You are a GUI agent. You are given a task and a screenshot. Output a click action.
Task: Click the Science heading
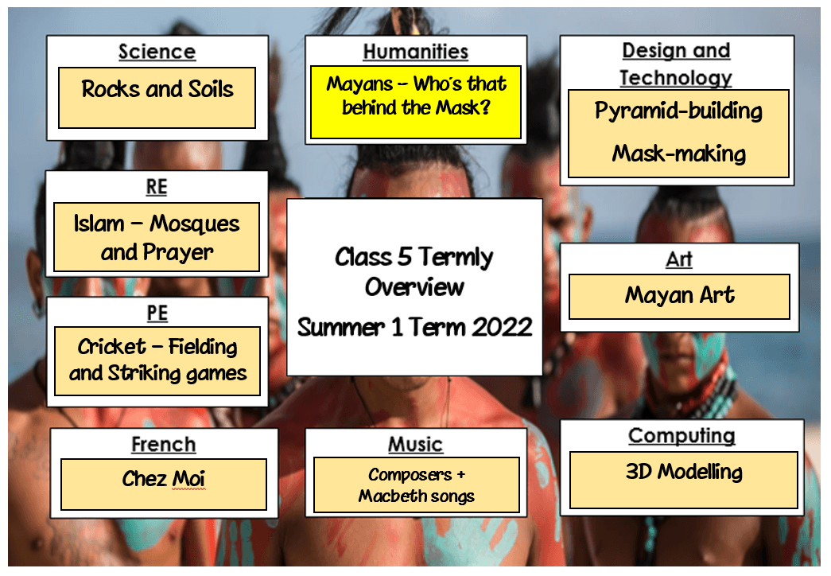pos(157,52)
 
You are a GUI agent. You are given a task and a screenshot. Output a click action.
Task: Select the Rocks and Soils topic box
pos(157,98)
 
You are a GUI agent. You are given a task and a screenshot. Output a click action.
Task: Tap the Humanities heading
pos(416,52)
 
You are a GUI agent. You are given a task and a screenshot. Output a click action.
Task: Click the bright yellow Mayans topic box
pos(416,103)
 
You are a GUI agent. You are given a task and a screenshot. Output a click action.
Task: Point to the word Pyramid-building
pos(678,111)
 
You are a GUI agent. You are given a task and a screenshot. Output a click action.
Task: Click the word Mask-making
pos(679,154)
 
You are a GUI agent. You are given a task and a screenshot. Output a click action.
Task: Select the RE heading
pos(157,187)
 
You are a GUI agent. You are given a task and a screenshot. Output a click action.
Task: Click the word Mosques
pos(195,224)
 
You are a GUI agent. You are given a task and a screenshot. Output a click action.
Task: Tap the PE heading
pos(157,313)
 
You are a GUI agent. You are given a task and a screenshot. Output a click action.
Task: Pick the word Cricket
pos(112,347)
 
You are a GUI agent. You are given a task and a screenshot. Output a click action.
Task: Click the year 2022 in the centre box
pos(502,327)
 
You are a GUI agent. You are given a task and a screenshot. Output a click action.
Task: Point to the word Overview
pos(414,287)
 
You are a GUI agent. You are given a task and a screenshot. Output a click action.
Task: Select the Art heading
pos(679,260)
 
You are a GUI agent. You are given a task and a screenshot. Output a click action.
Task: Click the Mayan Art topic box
pos(679,297)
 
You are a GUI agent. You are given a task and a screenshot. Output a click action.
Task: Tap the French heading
pos(164,445)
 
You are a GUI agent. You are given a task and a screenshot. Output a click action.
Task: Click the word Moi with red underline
pos(188,479)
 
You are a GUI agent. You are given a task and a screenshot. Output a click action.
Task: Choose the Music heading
pos(415,445)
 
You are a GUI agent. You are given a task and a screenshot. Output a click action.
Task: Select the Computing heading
pos(681,436)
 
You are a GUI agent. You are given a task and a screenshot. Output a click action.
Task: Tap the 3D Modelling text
pos(684,472)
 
